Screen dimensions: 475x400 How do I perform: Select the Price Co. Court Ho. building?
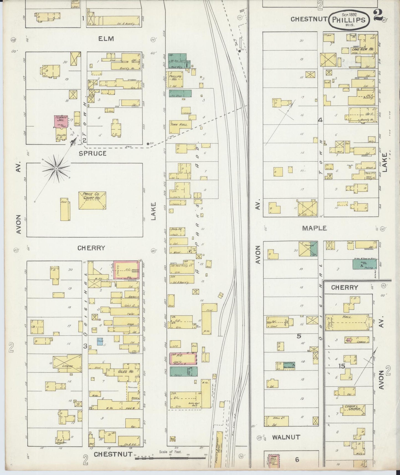pos(92,200)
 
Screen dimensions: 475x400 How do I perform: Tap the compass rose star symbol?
pos(56,168)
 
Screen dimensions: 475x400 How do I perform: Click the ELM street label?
pos(106,39)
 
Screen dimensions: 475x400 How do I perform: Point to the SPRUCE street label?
pos(92,153)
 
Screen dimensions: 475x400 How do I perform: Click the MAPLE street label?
pos(314,228)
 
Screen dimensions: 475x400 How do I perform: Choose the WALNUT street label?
pos(286,437)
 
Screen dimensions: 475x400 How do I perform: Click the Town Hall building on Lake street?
pos(179,125)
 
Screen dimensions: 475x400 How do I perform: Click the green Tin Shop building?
pos(180,93)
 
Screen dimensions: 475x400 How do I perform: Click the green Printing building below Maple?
pos(364,264)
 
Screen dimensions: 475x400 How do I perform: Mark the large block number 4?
pos(320,120)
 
